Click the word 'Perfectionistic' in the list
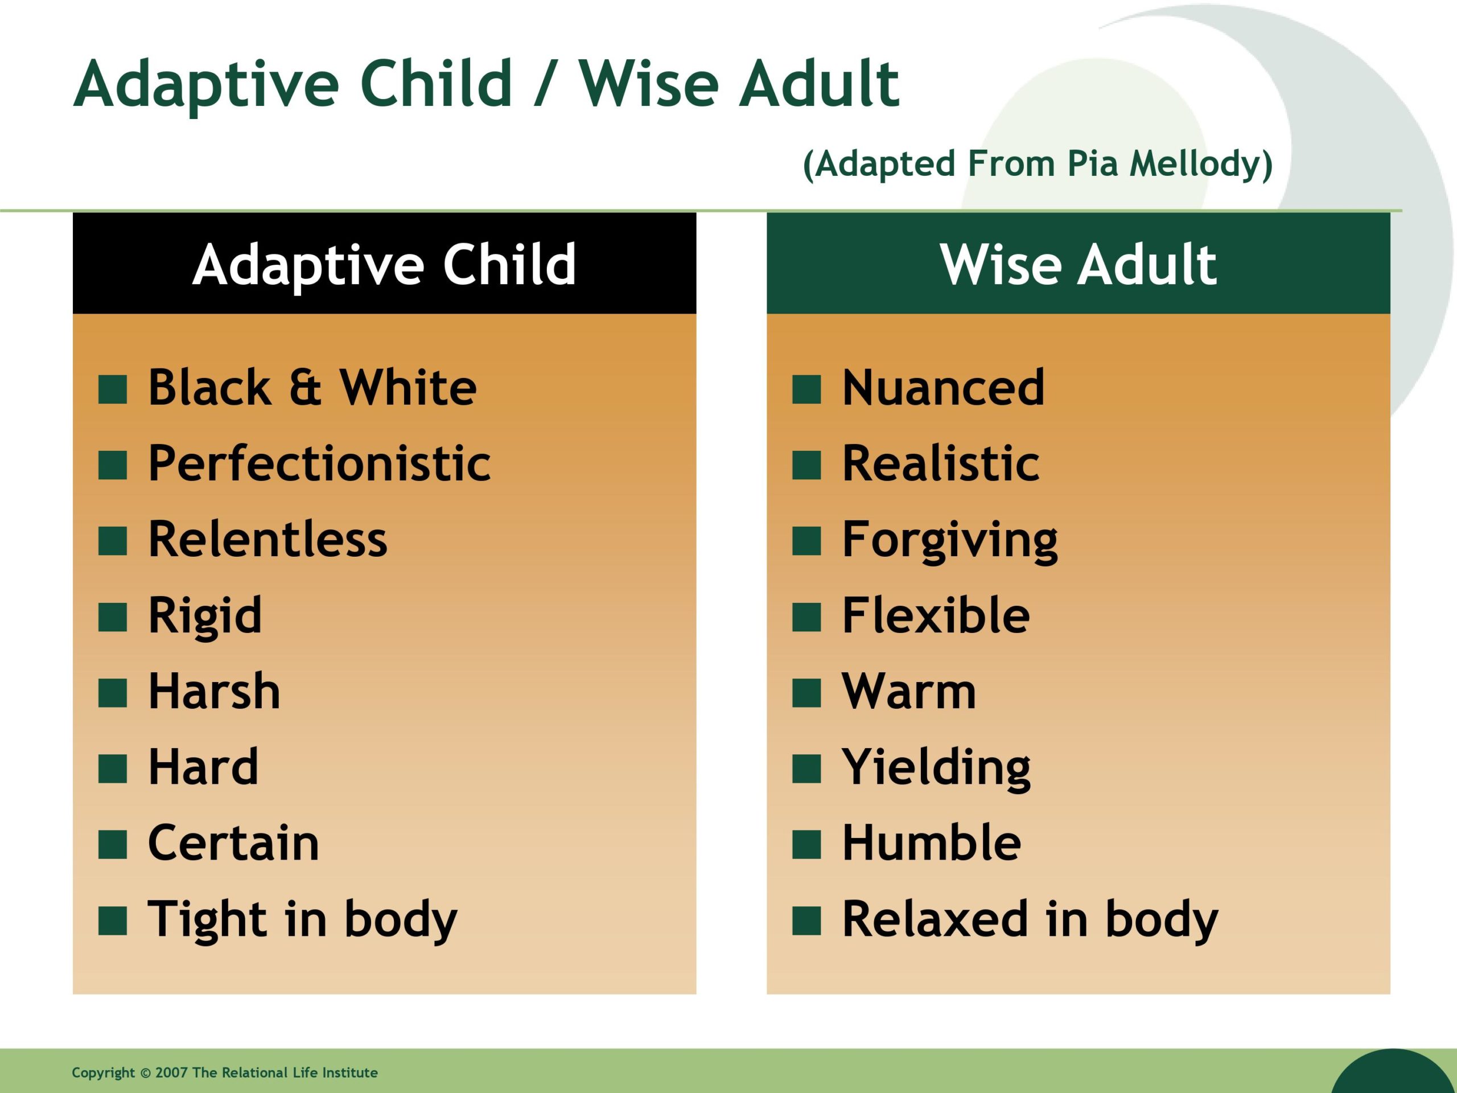click(319, 463)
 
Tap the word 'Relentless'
click(268, 539)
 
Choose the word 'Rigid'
click(205, 617)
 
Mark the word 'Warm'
click(909, 691)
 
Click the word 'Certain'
click(234, 843)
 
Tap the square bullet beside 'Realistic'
click(806, 465)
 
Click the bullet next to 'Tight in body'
click(113, 921)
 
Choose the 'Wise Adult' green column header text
click(1079, 264)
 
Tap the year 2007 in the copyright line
click(171, 1073)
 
